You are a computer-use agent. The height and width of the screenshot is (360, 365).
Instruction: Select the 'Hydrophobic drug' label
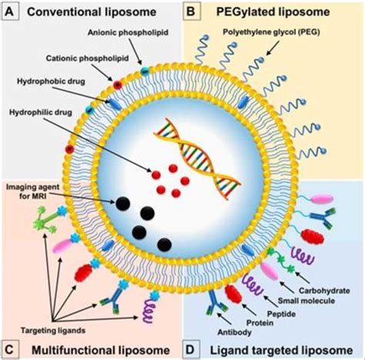point(47,80)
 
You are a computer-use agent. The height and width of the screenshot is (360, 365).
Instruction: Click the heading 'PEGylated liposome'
point(274,12)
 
